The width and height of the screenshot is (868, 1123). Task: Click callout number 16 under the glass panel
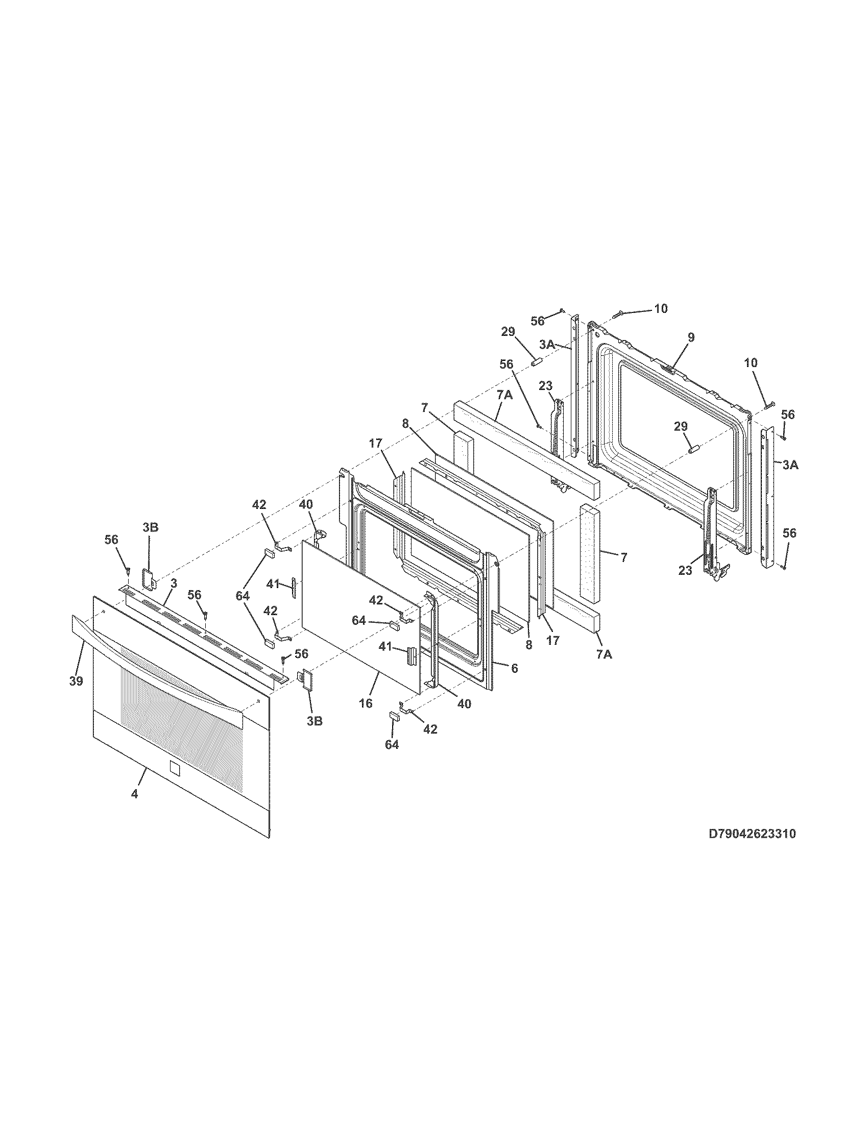[x=366, y=703]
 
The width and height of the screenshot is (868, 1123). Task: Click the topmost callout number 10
[x=661, y=308]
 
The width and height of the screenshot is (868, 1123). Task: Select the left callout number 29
[x=508, y=332]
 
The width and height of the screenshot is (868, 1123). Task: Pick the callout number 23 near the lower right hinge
[x=685, y=570]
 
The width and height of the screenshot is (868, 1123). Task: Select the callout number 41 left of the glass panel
[x=273, y=583]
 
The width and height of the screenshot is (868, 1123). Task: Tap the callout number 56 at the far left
[x=111, y=540]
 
